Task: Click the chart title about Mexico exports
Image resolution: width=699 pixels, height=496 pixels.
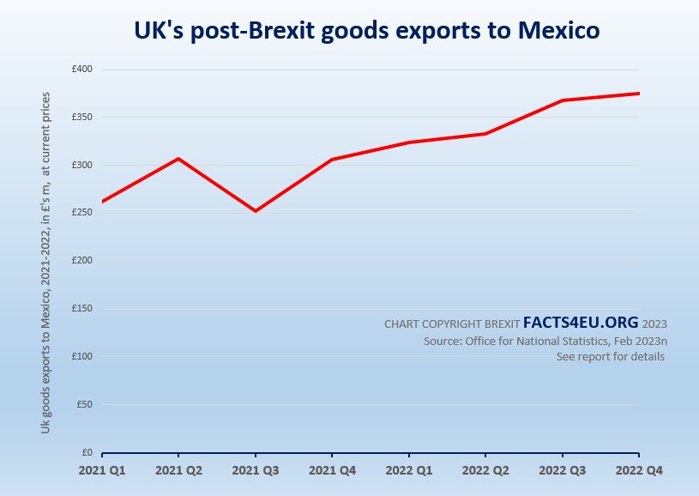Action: click(367, 30)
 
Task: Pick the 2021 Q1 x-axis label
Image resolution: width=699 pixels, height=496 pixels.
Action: click(102, 471)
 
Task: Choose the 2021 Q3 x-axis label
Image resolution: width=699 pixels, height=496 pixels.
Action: click(256, 471)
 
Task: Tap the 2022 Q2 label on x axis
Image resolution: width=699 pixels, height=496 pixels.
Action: click(485, 471)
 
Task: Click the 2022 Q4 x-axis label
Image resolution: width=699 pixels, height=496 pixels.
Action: click(639, 471)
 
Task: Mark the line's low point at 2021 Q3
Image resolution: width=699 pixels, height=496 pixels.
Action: click(255, 211)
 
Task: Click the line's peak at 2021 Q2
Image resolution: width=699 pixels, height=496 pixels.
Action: click(178, 159)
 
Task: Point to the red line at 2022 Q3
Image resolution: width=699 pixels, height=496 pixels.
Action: click(563, 100)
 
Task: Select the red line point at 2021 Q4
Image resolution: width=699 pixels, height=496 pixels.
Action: click(332, 160)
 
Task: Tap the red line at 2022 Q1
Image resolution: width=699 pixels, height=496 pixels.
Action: click(409, 142)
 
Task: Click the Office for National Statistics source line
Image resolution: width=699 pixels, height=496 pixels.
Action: click(545, 341)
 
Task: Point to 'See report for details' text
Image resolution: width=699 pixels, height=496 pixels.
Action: click(610, 356)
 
